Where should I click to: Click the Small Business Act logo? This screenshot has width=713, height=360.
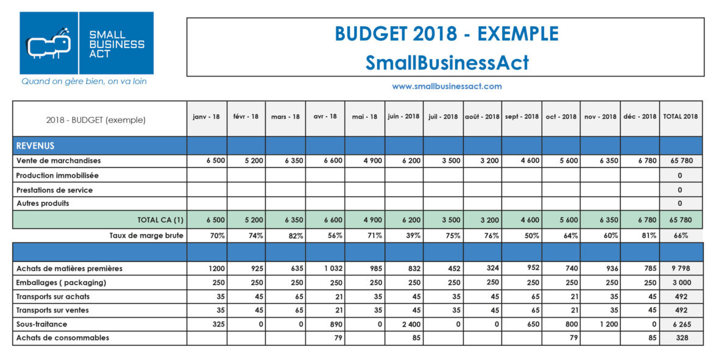[87, 43]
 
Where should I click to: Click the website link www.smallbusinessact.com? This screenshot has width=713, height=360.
[447, 86]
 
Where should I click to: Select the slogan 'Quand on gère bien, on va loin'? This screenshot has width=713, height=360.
[84, 81]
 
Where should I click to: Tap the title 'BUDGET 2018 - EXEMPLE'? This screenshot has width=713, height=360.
[446, 34]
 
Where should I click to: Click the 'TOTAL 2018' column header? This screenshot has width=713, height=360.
[680, 116]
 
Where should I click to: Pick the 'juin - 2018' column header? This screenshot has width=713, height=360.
[403, 116]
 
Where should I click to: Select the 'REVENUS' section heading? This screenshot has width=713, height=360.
[35, 146]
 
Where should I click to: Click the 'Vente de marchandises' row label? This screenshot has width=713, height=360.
[59, 161]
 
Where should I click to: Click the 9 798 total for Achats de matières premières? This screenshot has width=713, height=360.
[680, 269]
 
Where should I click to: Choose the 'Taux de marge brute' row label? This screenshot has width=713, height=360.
[147, 235]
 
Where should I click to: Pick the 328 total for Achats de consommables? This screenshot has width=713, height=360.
[680, 337]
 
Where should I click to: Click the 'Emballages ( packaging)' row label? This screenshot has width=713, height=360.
[62, 283]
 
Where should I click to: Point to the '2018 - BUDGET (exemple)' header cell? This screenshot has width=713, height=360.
[96, 120]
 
